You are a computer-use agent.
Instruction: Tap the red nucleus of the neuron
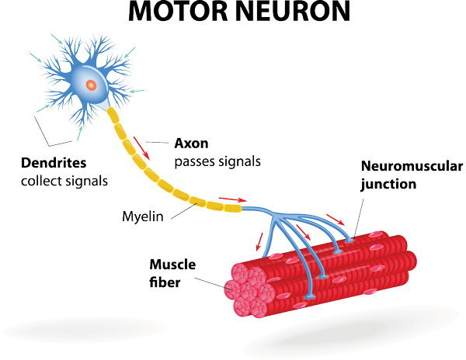click(92, 85)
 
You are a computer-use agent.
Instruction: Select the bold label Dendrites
click(54, 163)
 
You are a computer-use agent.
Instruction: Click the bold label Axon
click(191, 144)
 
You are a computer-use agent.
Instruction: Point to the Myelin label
click(143, 216)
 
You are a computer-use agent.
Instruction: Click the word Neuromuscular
click(412, 166)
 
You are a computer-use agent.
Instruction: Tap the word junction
click(388, 185)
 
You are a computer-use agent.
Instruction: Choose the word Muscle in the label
click(172, 265)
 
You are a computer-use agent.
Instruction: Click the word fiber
click(165, 282)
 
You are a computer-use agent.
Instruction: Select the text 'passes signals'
click(217, 161)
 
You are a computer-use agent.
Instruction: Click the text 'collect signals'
click(64, 181)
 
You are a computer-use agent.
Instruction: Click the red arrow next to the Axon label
click(141, 148)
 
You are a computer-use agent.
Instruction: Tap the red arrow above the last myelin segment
click(233, 199)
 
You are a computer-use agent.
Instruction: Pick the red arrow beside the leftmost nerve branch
click(259, 241)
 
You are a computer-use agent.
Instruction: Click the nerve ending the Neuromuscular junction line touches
click(349, 239)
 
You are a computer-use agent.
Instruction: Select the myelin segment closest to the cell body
click(113, 115)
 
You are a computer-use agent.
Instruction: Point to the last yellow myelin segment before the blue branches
click(233, 208)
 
